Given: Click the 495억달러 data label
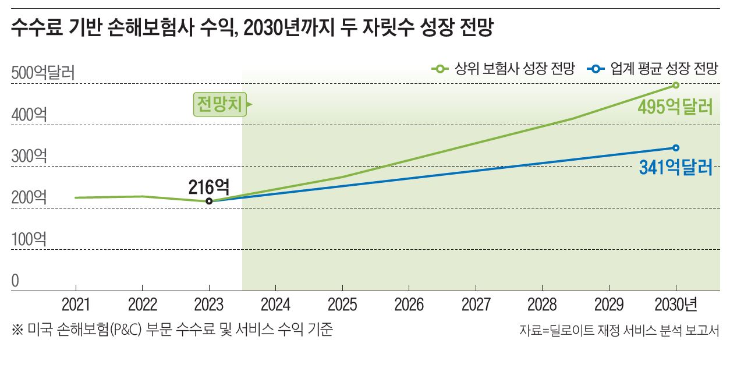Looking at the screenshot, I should tap(675, 107).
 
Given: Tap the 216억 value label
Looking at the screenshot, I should tap(209, 186).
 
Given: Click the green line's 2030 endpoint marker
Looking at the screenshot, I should tap(676, 85).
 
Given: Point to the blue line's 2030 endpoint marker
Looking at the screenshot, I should tap(676, 148).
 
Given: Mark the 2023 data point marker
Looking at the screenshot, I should tap(209, 201).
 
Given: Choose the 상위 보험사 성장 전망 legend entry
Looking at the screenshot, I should tap(503, 70).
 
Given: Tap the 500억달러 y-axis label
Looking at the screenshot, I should tap(42, 74).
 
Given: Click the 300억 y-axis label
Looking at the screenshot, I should tap(29, 157).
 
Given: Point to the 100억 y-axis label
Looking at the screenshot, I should tap(29, 239).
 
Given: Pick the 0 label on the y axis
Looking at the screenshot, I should tap(16, 281).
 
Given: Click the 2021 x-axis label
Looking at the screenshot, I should tap(76, 305).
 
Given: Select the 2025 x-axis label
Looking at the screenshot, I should tap(342, 305).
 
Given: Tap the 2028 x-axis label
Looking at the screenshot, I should tap(542, 305).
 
